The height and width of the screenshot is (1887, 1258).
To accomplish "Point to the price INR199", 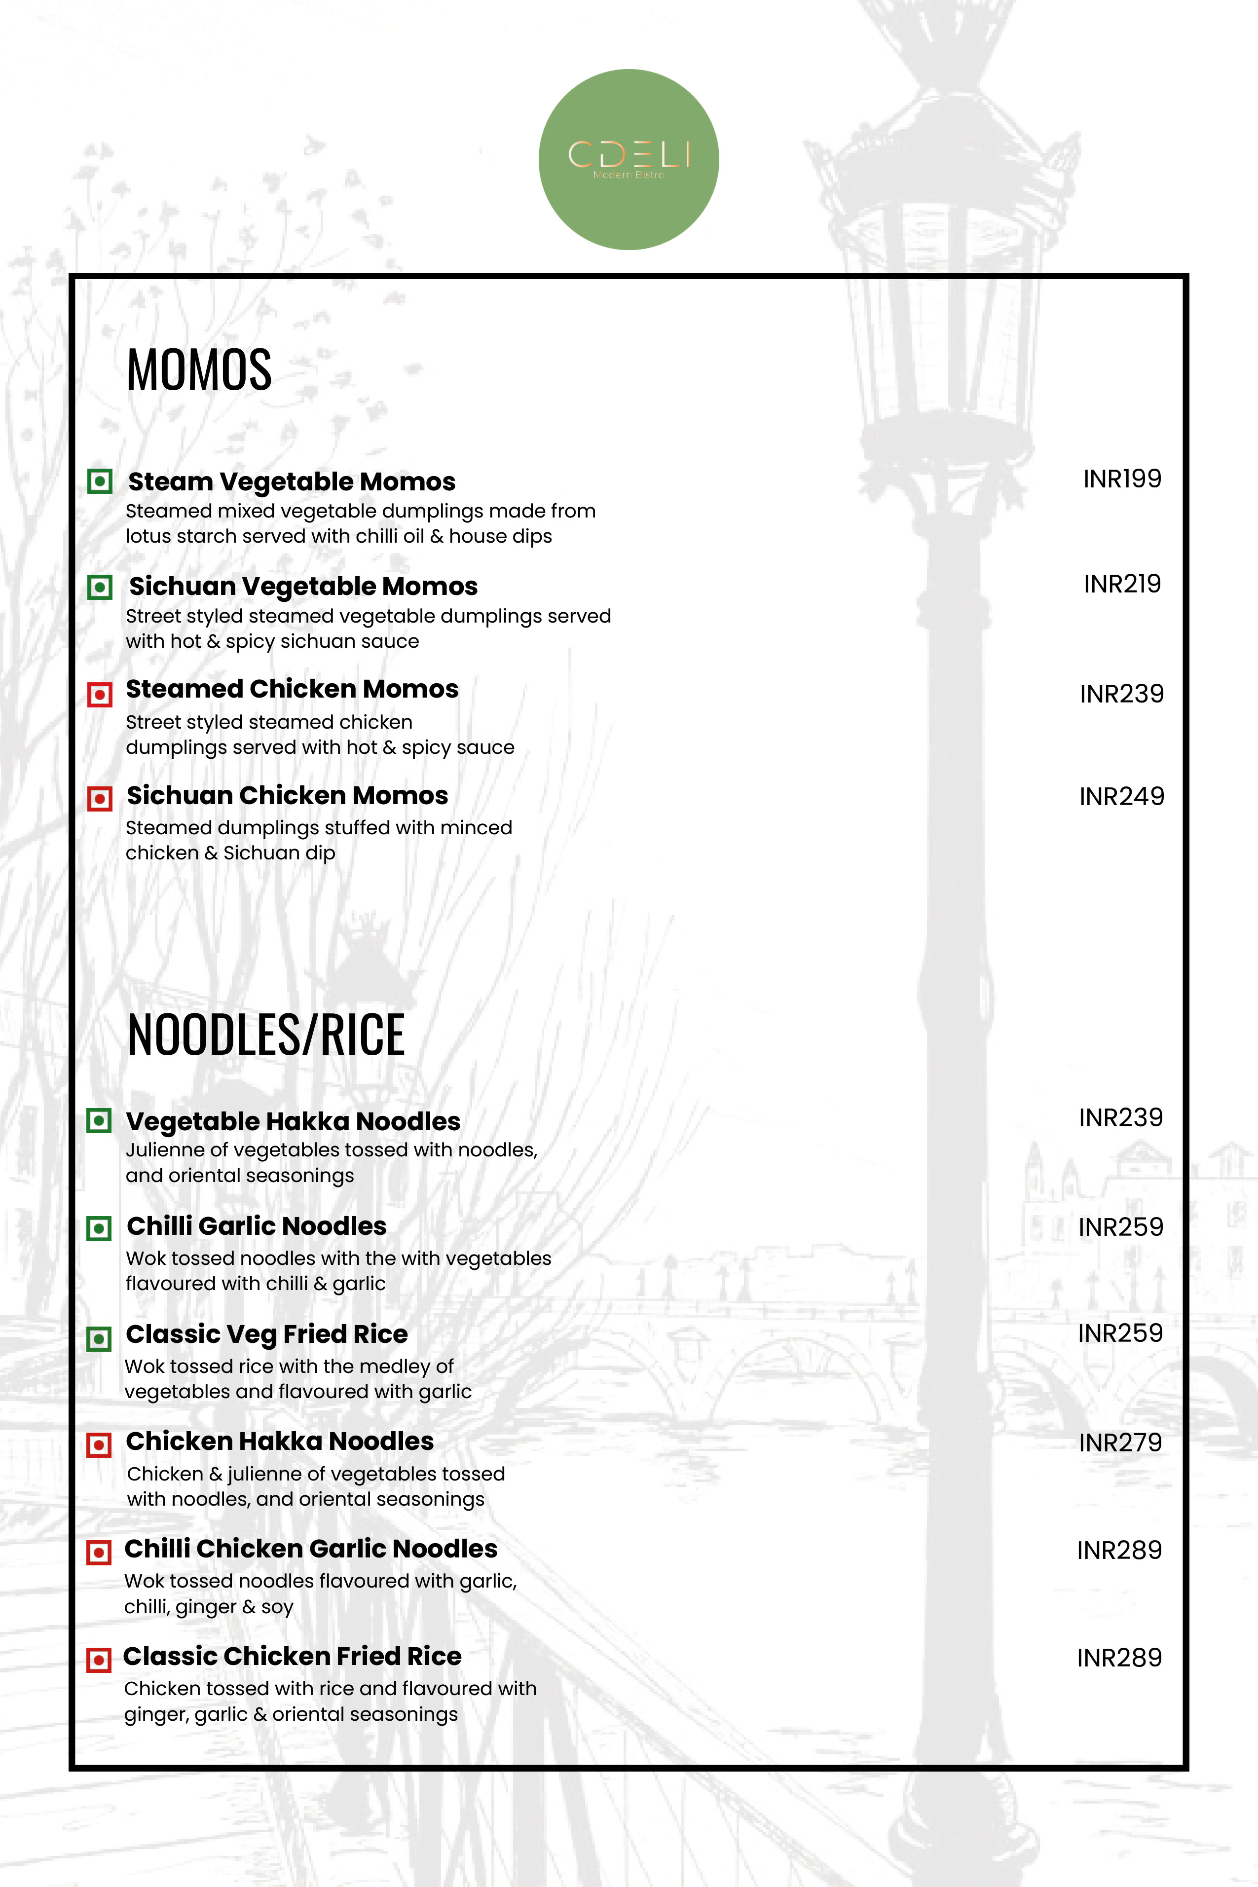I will point(1122,479).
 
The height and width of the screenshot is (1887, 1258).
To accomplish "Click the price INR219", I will point(1122,584).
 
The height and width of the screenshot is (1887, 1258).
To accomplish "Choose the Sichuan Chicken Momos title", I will point(287,795).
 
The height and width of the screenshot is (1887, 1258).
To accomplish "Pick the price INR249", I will point(1121,797).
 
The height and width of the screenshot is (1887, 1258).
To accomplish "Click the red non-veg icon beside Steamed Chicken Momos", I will point(100,694).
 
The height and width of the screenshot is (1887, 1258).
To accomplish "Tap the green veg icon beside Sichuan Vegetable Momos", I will point(100,587).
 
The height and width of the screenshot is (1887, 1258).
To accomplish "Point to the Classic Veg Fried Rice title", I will point(266,1333).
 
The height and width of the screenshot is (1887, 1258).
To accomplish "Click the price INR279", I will point(1120,1443).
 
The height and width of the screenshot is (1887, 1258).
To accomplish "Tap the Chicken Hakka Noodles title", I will point(279,1441).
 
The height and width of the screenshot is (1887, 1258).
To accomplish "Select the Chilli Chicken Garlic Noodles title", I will point(310,1549).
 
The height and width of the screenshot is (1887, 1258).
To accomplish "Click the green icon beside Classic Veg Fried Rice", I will point(99,1338).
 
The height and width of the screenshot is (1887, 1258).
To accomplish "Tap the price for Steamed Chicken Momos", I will point(1121,694).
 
